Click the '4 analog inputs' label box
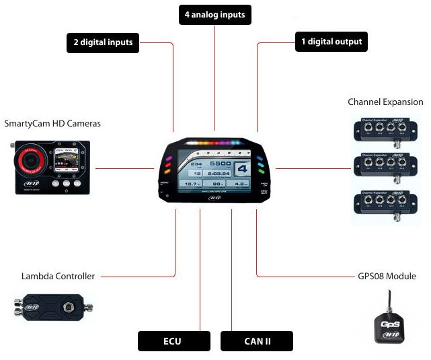[214, 14]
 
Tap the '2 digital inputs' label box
[103, 43]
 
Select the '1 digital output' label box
[331, 42]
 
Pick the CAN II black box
[257, 341]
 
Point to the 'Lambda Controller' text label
[58, 276]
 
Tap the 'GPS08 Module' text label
[387, 276]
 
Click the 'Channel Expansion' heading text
[385, 102]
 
